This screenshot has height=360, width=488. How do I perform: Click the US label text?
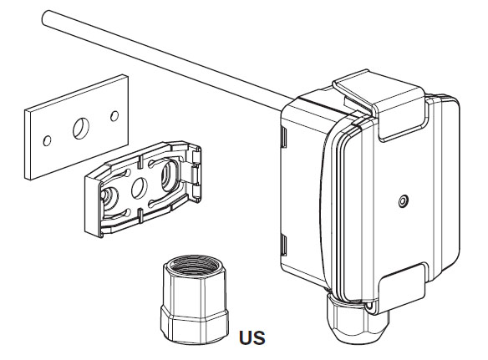pyautogui.click(x=252, y=338)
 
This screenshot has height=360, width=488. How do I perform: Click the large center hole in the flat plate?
pyautogui.click(x=81, y=128)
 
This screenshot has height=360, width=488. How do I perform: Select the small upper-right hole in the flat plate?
pyautogui.click(x=114, y=116)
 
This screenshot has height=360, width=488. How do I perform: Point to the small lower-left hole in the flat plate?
pyautogui.click(x=48, y=141)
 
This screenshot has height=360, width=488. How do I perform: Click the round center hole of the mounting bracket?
pyautogui.click(x=139, y=188)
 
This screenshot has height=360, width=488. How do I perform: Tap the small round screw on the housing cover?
pyautogui.click(x=404, y=201)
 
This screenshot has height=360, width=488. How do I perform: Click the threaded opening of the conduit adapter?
pyautogui.click(x=194, y=266)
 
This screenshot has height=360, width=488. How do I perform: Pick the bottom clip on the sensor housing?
pyautogui.click(x=401, y=288)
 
